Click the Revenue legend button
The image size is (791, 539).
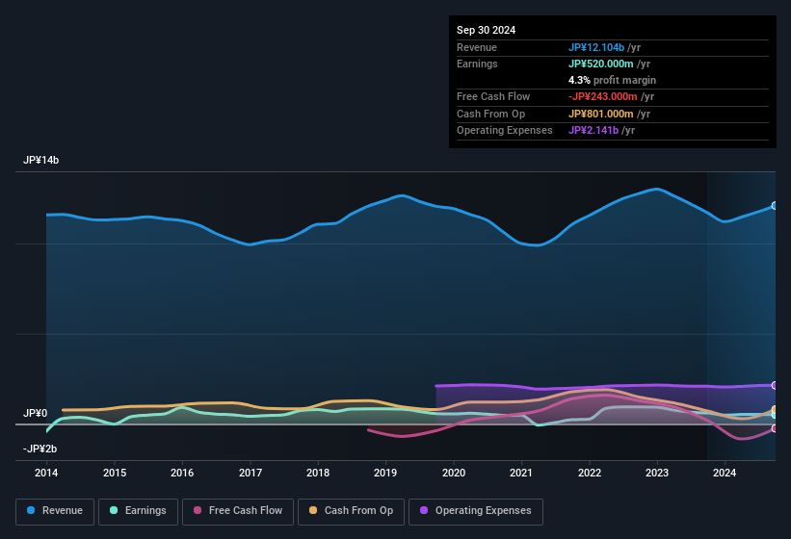point(55,511)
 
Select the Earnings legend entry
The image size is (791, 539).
point(138,511)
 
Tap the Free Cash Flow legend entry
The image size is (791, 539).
point(238,511)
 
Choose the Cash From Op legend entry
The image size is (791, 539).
point(351,511)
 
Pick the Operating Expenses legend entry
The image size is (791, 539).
point(475,511)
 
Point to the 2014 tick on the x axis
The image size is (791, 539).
point(46,473)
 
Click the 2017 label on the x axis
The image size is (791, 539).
point(250,473)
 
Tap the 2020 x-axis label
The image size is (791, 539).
point(454,473)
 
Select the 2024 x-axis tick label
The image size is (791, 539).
point(725,473)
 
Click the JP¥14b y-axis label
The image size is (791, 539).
point(41,161)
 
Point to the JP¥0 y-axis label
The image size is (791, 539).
point(35,413)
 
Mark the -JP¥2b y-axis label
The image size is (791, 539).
point(41,449)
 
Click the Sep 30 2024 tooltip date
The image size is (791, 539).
point(486,30)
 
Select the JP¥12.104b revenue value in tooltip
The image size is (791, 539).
point(597,47)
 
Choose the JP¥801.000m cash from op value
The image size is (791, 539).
point(603,114)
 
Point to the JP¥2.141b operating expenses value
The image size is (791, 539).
point(593,130)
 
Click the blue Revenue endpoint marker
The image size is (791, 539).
point(774,206)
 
